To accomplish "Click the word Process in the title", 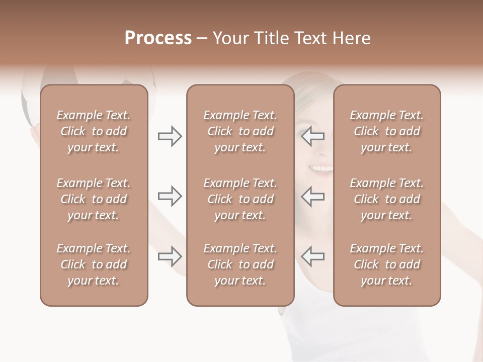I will coord(158,38).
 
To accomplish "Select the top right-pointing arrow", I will coord(170,136).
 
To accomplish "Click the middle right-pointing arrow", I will coord(170,196).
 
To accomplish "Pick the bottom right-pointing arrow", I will coord(170,256).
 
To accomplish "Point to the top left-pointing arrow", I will coord(313,136).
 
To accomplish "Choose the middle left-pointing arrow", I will coord(313,196).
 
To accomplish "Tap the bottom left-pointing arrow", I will coord(313,256).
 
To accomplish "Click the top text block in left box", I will coord(94,131).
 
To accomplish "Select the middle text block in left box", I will coord(94,199).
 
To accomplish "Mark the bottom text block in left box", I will coord(94,264).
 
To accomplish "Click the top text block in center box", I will coord(240,131).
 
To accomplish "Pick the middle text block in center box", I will coord(240,199).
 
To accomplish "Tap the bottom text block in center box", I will coord(240,264).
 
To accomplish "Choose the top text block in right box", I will coord(386,131).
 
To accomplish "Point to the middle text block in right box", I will coord(386,199).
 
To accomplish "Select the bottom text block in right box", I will coord(386,264).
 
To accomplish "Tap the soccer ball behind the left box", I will coord(91,78).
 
